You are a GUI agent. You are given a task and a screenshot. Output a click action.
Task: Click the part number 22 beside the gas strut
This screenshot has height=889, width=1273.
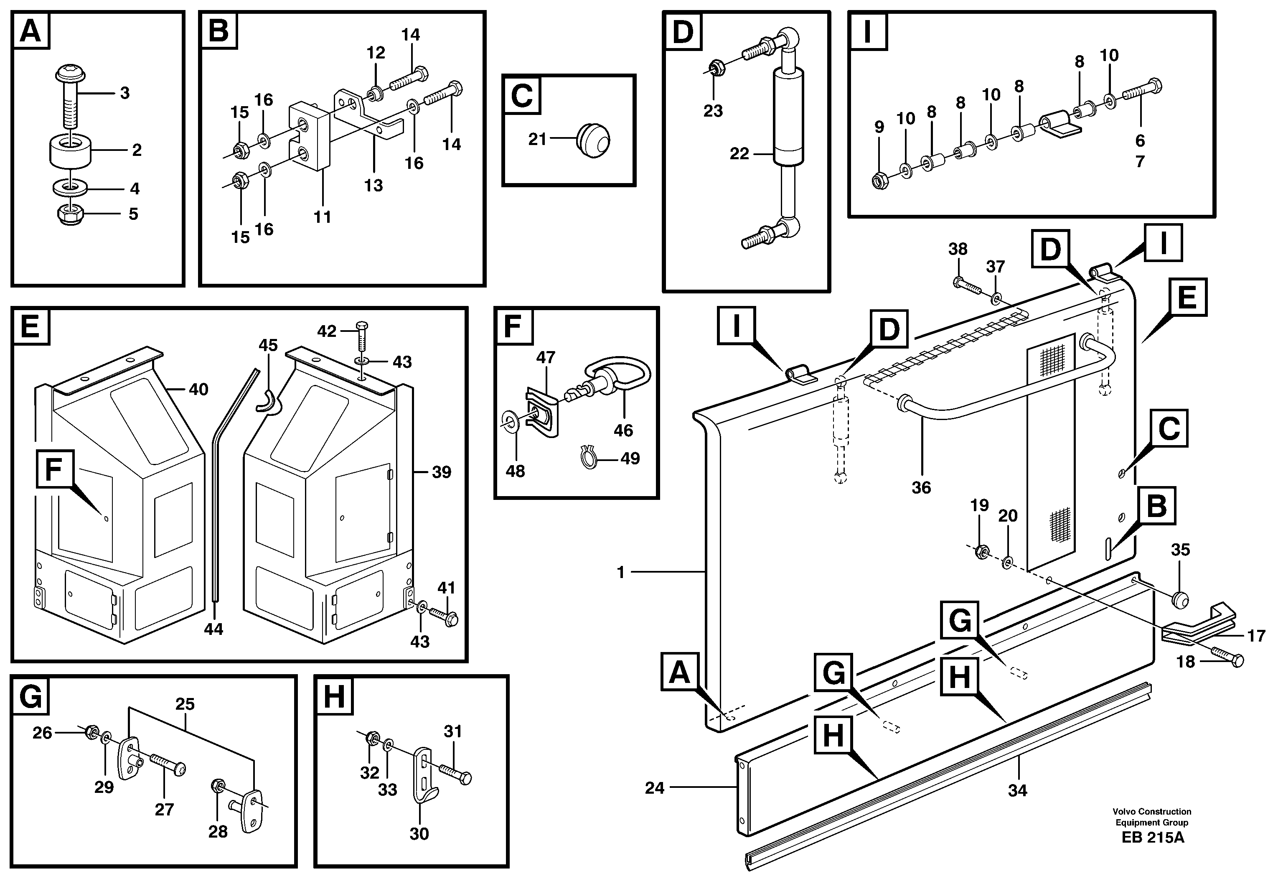point(739,154)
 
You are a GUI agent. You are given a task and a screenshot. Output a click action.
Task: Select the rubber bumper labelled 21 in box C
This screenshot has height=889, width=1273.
point(593,141)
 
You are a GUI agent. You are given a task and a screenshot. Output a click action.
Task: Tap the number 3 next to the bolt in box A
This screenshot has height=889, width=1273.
point(125,93)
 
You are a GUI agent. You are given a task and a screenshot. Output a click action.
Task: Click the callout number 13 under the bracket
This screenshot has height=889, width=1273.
point(373,186)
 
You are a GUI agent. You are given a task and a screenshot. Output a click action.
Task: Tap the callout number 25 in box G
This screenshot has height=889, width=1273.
point(185,704)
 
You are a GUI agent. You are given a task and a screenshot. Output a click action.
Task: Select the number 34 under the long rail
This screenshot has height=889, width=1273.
point(1017,791)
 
